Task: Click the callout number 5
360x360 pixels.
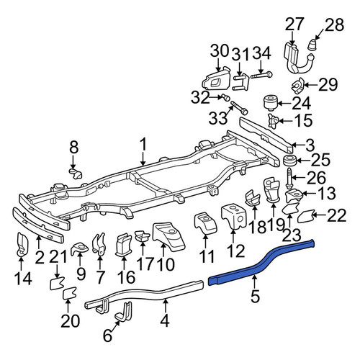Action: (255, 296)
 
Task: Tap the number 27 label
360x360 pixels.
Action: (294, 24)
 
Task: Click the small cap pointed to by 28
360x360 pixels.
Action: (312, 45)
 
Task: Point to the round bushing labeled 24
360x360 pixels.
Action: (271, 102)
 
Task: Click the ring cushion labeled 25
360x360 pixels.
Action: (290, 161)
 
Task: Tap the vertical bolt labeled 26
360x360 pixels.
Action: (289, 179)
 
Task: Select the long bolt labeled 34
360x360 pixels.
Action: (261, 76)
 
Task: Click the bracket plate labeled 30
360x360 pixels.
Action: (215, 78)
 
